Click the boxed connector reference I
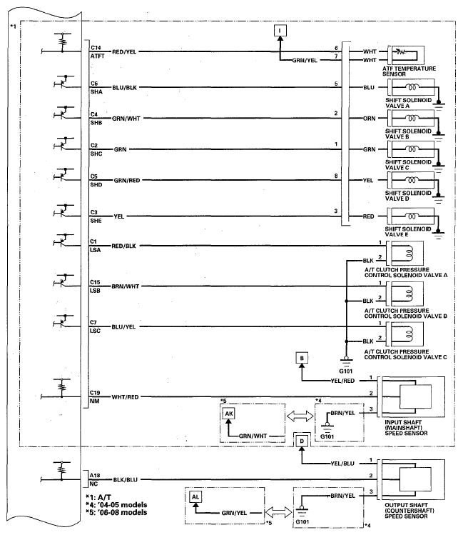click(280, 31)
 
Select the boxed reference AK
click(229, 414)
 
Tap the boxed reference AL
click(195, 497)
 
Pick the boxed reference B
click(302, 359)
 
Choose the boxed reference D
click(302, 441)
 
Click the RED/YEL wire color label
click(124, 52)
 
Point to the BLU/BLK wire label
click(125, 88)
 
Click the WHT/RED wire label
click(125, 397)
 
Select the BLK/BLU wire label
click(126, 480)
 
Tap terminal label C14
click(96, 48)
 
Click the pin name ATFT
click(98, 56)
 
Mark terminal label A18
click(95, 475)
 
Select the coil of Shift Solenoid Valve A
click(412, 88)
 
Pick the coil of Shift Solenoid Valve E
click(412, 216)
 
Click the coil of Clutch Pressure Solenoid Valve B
click(408, 294)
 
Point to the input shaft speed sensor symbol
click(413, 397)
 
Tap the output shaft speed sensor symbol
click(413, 480)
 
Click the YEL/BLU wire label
click(342, 464)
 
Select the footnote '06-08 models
click(116, 512)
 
